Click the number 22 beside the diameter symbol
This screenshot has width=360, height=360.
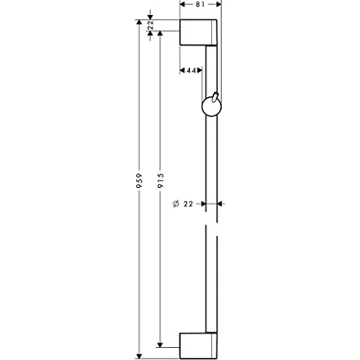point(189,204)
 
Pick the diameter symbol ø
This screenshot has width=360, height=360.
point(176,204)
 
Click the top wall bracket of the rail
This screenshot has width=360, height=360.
point(198,32)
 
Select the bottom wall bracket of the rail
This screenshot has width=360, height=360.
point(198,346)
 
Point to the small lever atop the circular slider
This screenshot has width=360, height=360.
point(215,96)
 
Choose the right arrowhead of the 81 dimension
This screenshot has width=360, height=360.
point(219,4)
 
